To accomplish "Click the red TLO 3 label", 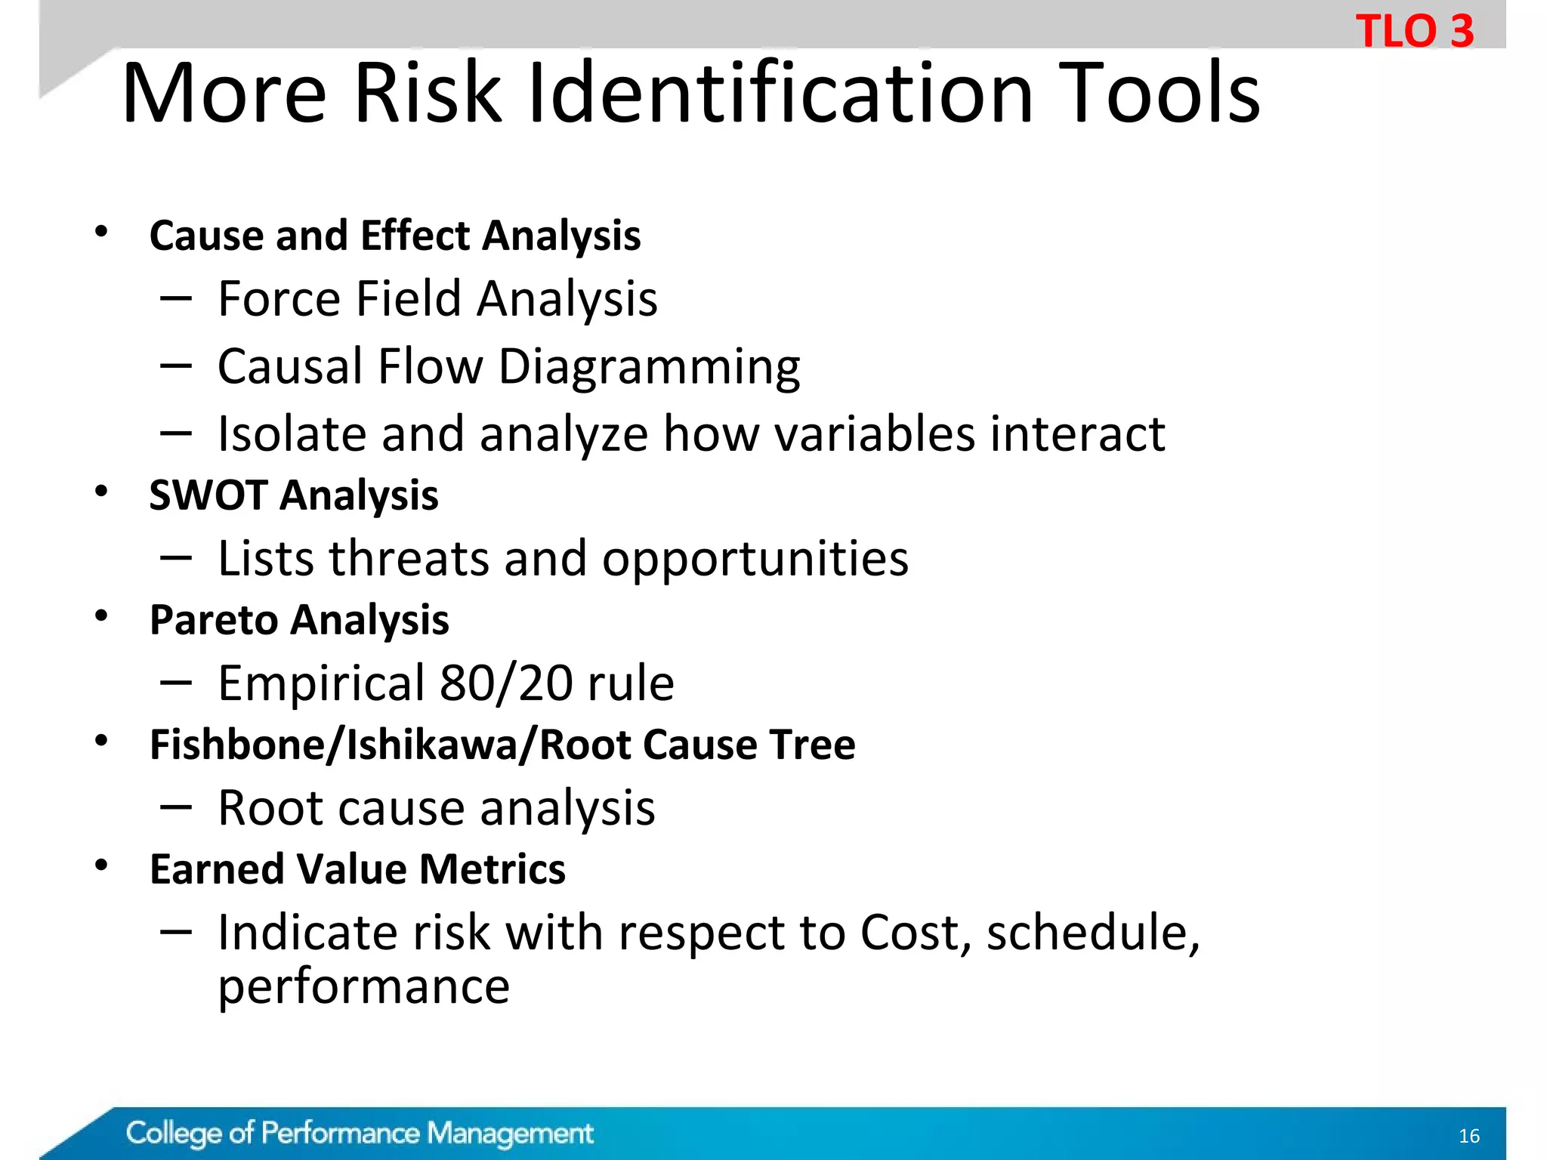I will pos(1414,32).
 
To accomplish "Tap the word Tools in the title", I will pos(1159,94).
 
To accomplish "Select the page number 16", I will pos(1468,1136).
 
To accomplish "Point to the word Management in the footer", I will pos(510,1134).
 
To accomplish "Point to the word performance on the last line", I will pos(363,987).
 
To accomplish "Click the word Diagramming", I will pos(649,368).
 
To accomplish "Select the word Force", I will pos(279,299).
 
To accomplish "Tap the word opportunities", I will pos(755,560).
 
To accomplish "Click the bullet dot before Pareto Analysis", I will pos(101,616).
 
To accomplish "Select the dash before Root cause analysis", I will pos(175,807).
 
